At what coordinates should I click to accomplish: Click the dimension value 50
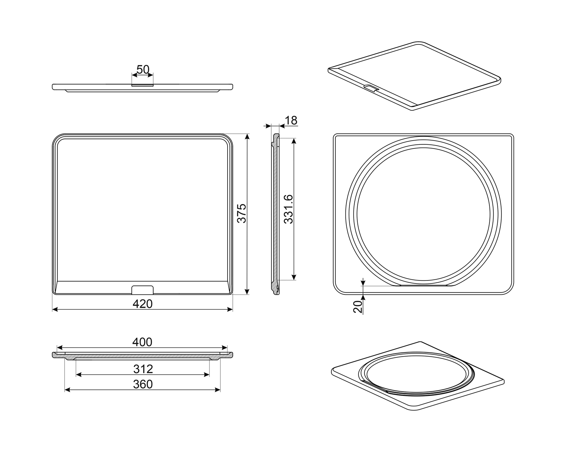coord(143,70)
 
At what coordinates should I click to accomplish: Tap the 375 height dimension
coord(242,213)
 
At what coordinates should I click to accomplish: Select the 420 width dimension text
coord(143,304)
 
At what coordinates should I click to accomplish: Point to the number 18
coord(291,120)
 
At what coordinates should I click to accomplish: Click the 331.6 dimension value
coord(289,209)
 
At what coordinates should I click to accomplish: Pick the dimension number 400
coord(142,342)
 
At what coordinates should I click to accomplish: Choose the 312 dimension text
coord(143,369)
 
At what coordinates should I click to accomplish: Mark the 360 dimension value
coord(143,384)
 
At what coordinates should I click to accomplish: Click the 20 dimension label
coord(358,307)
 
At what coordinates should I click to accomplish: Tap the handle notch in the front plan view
coord(142,290)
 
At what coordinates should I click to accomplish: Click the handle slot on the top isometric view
coord(371,88)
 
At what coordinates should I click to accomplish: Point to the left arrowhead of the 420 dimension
coord(55,310)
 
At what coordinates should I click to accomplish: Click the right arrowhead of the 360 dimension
coord(217,390)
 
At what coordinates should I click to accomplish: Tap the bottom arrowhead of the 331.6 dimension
coord(294,277)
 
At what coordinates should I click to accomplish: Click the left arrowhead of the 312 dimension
coord(79,375)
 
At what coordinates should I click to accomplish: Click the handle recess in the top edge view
coord(142,85)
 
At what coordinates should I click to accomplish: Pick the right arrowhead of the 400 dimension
coord(225,348)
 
